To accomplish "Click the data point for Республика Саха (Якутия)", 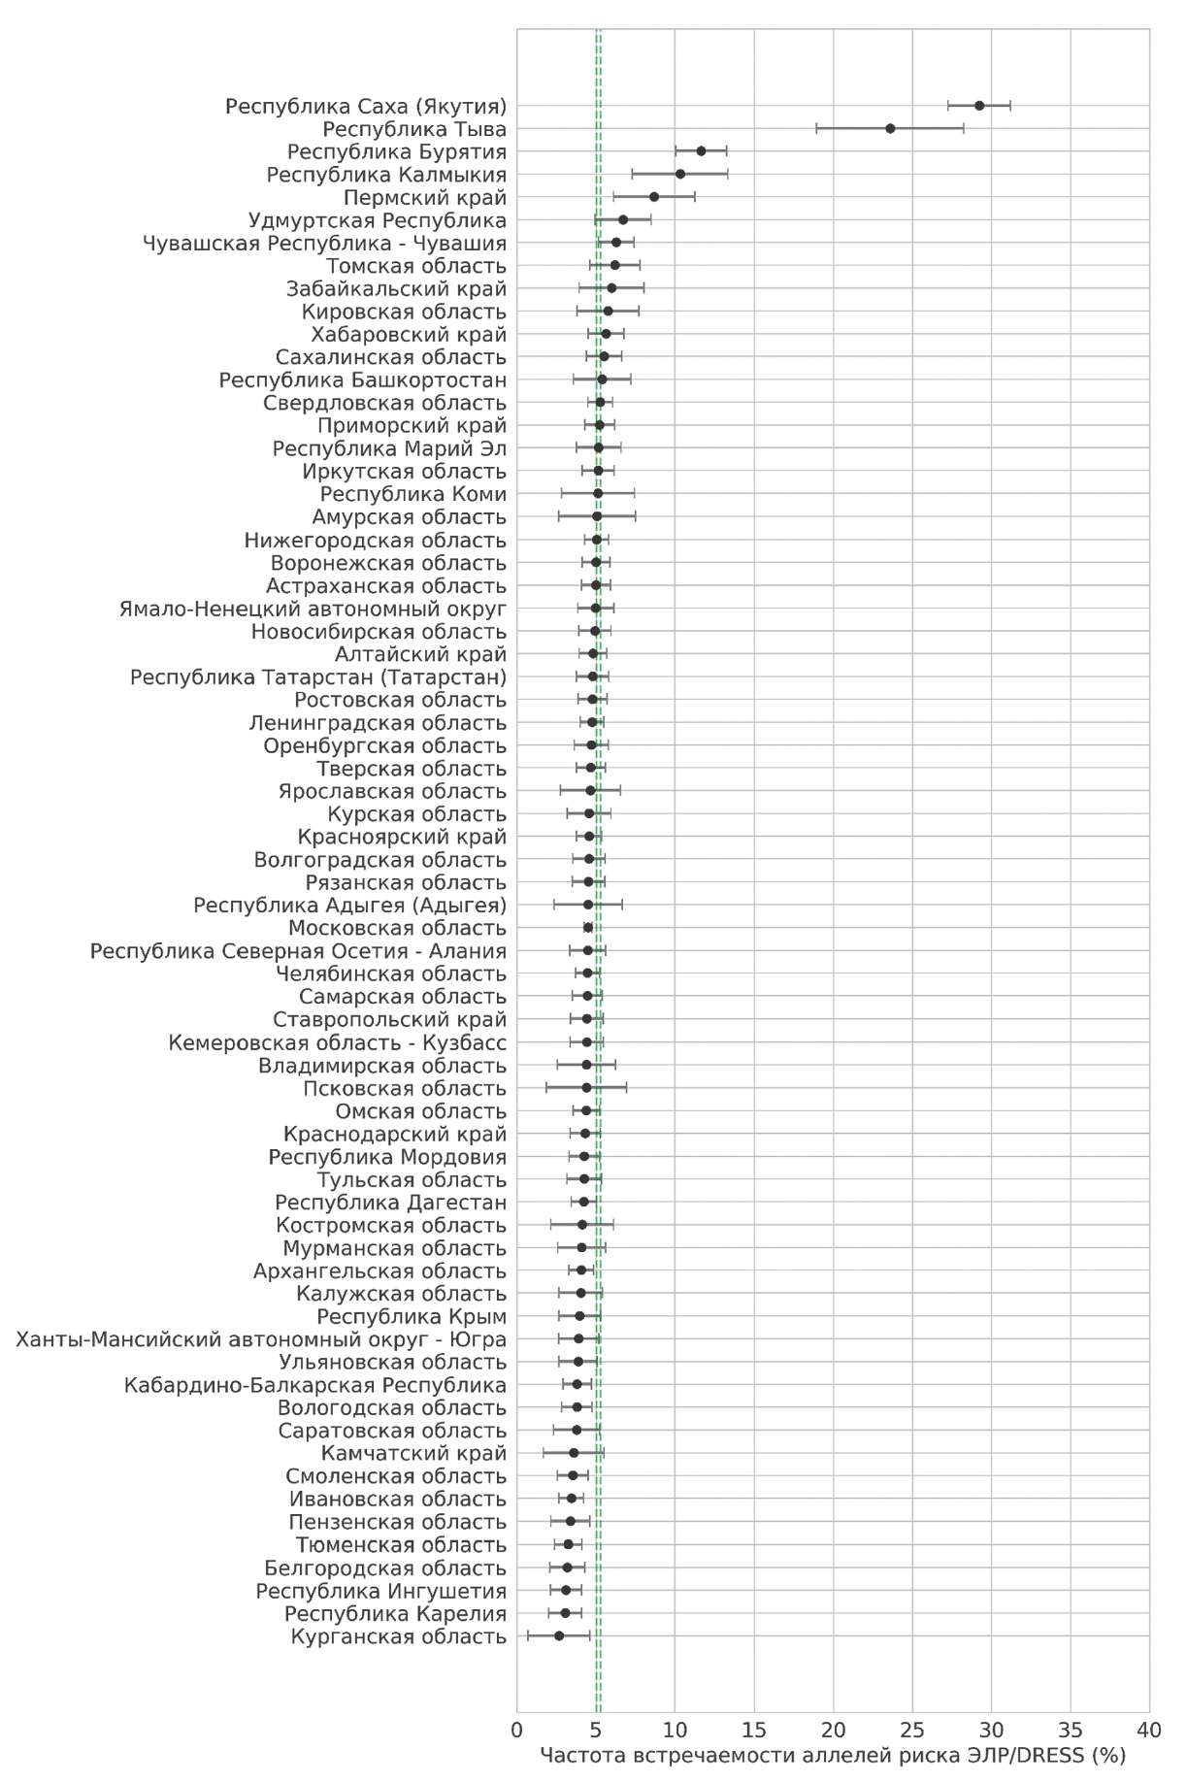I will coord(979,106).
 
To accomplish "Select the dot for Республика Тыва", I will coord(890,128).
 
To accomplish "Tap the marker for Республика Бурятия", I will coord(701,151).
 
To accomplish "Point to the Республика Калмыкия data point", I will coord(680,174).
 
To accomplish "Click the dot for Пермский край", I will coord(654,197).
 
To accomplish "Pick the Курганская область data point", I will coord(559,1636).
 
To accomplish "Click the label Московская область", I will coord(397,929).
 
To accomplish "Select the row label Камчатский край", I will coord(413,1454).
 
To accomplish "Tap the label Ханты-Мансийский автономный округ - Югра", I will coord(261,1340).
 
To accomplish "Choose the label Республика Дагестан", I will coord(390,1204).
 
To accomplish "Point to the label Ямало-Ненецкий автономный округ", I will coord(313,610).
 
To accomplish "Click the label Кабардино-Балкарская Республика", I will coord(314,1386).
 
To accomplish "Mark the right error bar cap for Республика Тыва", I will coord(964,128).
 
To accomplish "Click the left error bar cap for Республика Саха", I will coord(948,106).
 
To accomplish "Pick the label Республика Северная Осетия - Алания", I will coord(298,951).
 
